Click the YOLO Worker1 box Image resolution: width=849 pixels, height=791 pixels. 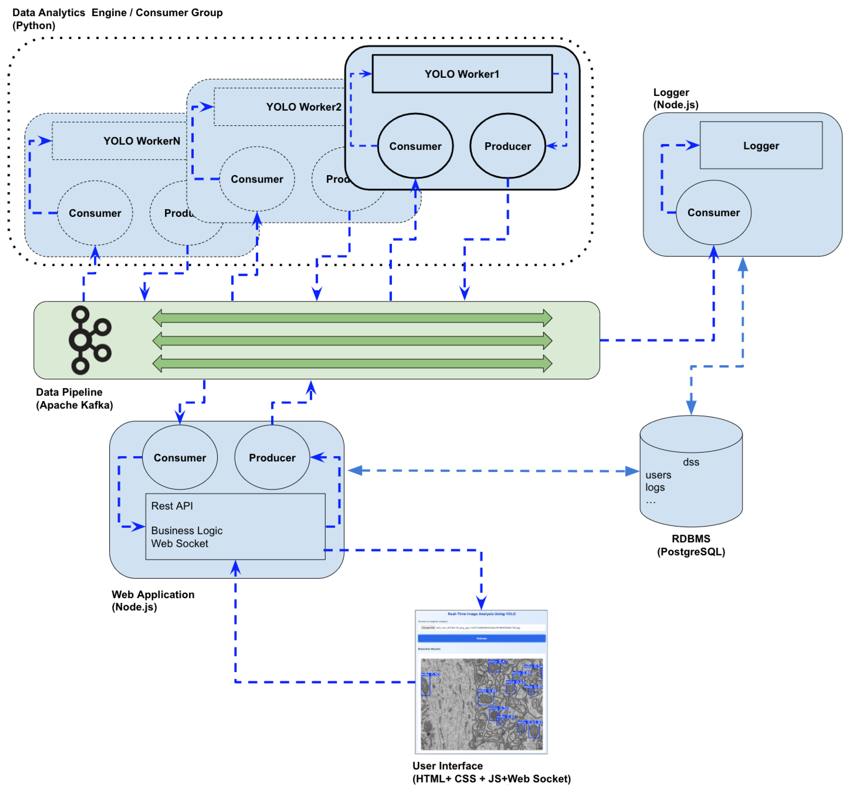(x=462, y=74)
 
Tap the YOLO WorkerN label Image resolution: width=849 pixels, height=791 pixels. (x=141, y=141)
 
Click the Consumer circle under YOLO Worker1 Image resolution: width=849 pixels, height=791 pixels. (x=415, y=146)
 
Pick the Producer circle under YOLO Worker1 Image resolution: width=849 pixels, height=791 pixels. (x=507, y=146)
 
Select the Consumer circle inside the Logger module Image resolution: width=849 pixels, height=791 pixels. (x=713, y=212)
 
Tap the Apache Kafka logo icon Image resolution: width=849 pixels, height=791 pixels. (x=90, y=340)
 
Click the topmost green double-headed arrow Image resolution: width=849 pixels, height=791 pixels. (x=352, y=318)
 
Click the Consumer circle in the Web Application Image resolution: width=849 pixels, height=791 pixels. (x=180, y=457)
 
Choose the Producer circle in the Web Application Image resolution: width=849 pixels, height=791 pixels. (x=272, y=457)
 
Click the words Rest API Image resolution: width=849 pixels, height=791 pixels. (x=172, y=506)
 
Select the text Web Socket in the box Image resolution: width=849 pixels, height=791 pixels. (x=179, y=543)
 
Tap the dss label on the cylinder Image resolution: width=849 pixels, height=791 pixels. (x=691, y=462)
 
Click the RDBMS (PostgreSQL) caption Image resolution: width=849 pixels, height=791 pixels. (x=691, y=545)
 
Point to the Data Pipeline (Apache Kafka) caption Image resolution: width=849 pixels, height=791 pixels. (x=74, y=398)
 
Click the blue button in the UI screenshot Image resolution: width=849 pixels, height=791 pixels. (x=481, y=638)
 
